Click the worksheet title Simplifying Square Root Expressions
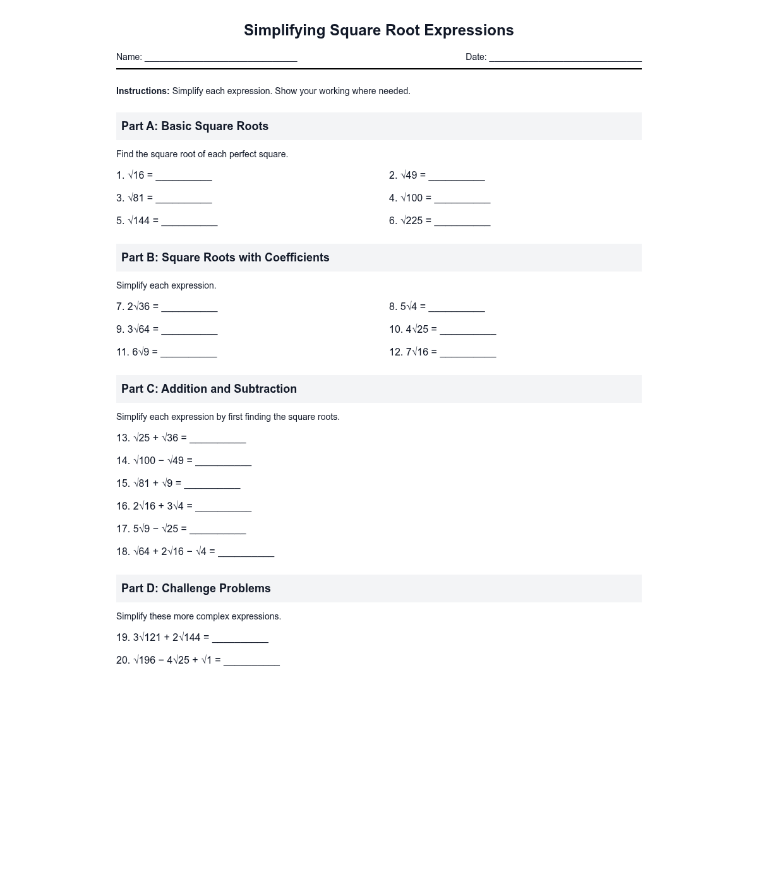[379, 30]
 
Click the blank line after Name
[220, 58]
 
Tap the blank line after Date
[565, 58]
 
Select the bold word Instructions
[143, 91]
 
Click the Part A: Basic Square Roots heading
[195, 126]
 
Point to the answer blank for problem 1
[184, 177]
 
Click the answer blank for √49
[457, 177]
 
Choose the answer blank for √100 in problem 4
[462, 200]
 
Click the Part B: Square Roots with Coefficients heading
[225, 258]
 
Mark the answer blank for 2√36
[189, 308]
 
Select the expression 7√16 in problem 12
[417, 352]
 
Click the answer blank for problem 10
[468, 331]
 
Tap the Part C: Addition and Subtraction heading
[208, 389]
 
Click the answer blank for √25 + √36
[218, 439]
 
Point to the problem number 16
[123, 506]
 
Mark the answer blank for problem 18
[246, 553]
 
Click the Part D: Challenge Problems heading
[196, 588]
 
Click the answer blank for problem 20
[251, 662]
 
